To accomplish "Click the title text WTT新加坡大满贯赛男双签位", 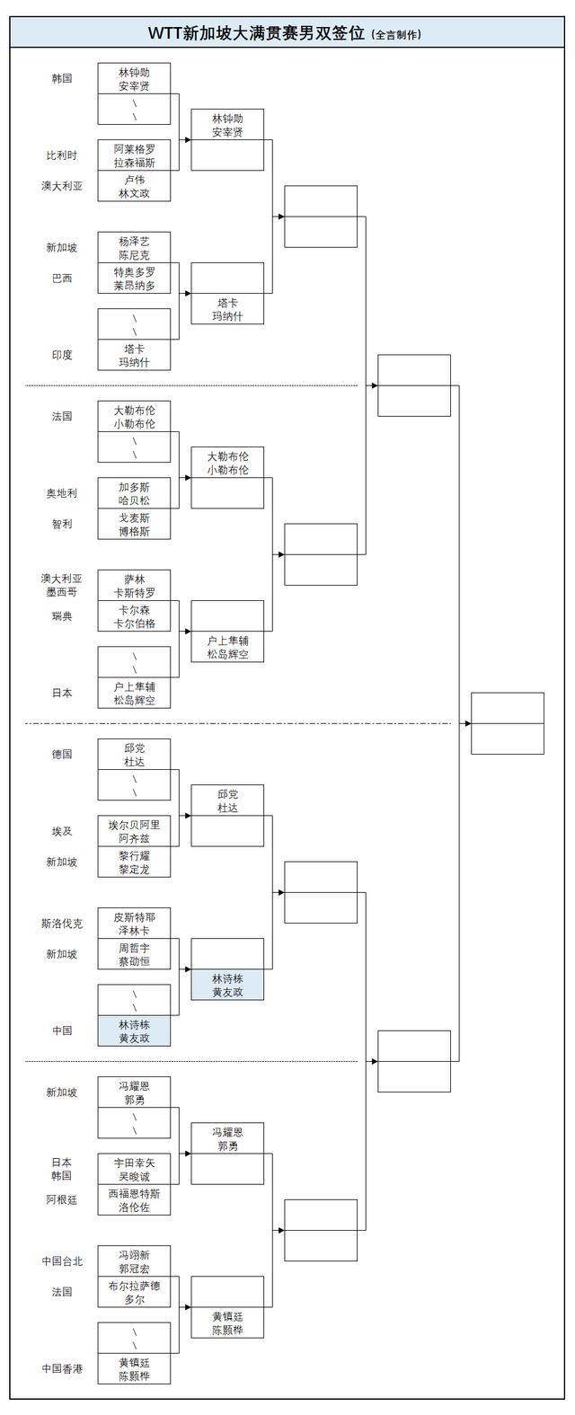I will [258, 33].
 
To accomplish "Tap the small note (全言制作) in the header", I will [396, 35].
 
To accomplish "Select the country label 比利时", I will [62, 155].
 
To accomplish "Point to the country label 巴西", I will [62, 279].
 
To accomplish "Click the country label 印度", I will [62, 355].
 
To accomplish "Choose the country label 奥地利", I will [62, 493].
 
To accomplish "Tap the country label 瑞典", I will [62, 616].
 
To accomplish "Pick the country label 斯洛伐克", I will [62, 924].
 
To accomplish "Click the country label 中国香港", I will [62, 1368].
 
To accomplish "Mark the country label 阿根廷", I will [62, 1199].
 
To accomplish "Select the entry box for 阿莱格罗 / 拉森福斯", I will [134, 155].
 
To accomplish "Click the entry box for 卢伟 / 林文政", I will [134, 186].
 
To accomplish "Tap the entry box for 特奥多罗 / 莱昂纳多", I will [134, 279].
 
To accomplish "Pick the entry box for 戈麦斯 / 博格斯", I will [134, 525].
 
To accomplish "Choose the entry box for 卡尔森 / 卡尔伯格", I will [134, 616].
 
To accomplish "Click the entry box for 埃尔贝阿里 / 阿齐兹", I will [134, 831].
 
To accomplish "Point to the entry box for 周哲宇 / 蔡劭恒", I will [134, 954].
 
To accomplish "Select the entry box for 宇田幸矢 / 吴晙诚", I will [134, 1169].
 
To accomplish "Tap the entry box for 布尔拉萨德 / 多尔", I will [134, 1292].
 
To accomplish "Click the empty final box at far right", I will [508, 723].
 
